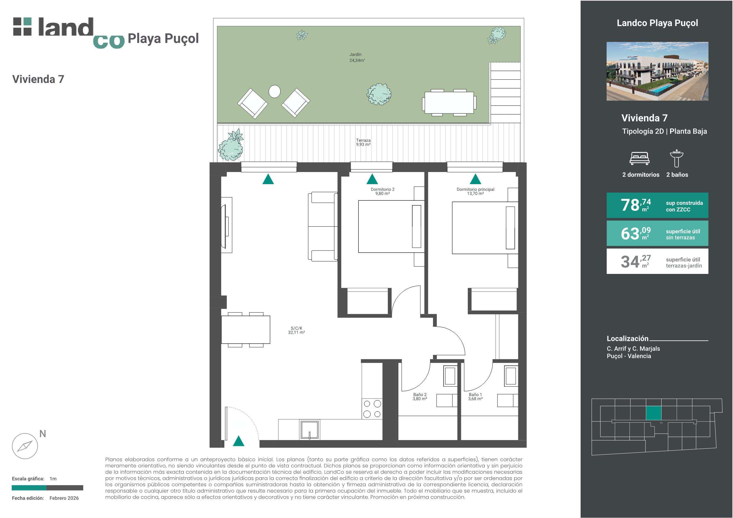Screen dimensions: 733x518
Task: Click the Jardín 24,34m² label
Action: (x=357, y=58)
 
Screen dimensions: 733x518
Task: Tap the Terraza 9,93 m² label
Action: (x=363, y=142)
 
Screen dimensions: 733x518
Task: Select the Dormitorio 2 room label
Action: (x=382, y=192)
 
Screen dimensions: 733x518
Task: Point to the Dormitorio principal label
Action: (x=475, y=192)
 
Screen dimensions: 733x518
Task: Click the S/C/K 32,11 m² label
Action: (x=296, y=330)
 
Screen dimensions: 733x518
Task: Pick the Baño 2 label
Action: (x=420, y=397)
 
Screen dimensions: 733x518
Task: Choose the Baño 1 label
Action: (x=475, y=397)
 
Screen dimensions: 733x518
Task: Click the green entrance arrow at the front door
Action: (x=239, y=441)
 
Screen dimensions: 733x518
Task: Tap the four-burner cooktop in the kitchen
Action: (x=372, y=409)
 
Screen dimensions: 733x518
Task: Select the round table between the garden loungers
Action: (x=275, y=91)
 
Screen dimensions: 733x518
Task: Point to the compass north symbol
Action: (x=25, y=446)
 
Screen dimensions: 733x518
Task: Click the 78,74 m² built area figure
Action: (x=636, y=205)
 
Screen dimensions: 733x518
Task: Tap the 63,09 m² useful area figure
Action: (x=636, y=233)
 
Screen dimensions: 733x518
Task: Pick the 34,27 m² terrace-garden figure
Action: (x=636, y=262)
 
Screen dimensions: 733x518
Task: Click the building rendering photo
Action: (x=657, y=71)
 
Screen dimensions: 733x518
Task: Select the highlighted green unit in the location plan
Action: (x=654, y=413)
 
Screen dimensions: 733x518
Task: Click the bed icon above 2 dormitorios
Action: (x=639, y=158)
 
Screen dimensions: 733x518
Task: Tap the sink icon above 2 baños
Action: (x=677, y=158)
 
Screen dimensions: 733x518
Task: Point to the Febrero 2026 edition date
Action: (x=64, y=498)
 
